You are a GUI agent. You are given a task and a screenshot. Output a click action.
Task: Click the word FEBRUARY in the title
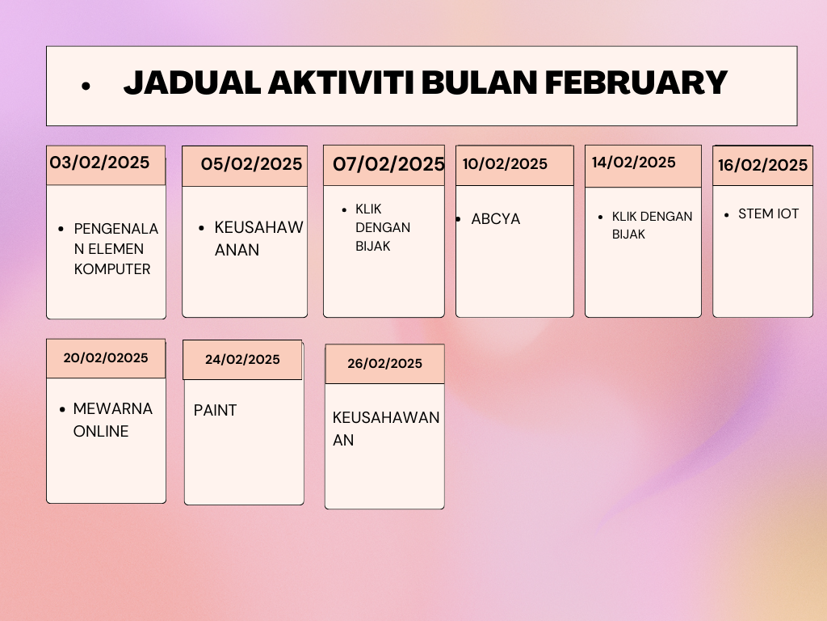[x=636, y=83]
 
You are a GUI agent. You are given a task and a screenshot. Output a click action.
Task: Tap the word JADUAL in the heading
[x=192, y=83]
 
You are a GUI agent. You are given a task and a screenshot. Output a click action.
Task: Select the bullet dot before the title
[x=86, y=86]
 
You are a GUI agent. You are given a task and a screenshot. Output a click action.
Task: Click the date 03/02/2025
[x=99, y=163]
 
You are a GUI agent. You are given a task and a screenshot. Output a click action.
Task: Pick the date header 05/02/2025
[x=252, y=164]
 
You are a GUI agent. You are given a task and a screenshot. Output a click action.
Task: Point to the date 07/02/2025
[x=388, y=164]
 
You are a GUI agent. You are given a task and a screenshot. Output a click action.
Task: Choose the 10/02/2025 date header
[x=505, y=164]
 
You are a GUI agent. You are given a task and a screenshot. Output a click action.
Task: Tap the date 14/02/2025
[x=633, y=163]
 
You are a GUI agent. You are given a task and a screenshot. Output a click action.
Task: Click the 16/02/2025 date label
[x=762, y=165]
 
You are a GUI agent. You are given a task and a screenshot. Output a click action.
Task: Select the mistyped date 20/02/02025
[x=106, y=358]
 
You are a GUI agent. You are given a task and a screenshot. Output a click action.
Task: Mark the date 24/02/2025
[x=242, y=360]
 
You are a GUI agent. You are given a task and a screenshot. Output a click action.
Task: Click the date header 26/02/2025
[x=384, y=364]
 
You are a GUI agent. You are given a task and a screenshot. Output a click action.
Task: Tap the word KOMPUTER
[x=112, y=269]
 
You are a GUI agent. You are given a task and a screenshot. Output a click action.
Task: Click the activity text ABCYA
[x=495, y=219]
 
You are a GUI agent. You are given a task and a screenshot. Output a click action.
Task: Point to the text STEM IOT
[x=769, y=213]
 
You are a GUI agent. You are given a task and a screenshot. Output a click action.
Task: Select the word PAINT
[x=215, y=410]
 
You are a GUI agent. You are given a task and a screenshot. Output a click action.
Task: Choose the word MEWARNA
[x=113, y=408]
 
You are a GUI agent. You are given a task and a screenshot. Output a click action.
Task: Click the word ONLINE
[x=101, y=432]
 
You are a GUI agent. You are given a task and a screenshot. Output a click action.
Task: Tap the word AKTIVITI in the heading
[x=341, y=83]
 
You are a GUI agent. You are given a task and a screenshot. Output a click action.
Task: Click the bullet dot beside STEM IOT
[x=727, y=215]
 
